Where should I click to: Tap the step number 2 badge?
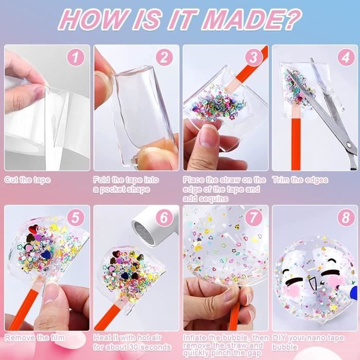point(164,58)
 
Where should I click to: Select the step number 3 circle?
point(254,58)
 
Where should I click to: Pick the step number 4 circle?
point(343,58)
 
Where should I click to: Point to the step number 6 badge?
point(164,218)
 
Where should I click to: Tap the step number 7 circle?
point(254,218)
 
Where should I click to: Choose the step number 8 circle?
point(343,218)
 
